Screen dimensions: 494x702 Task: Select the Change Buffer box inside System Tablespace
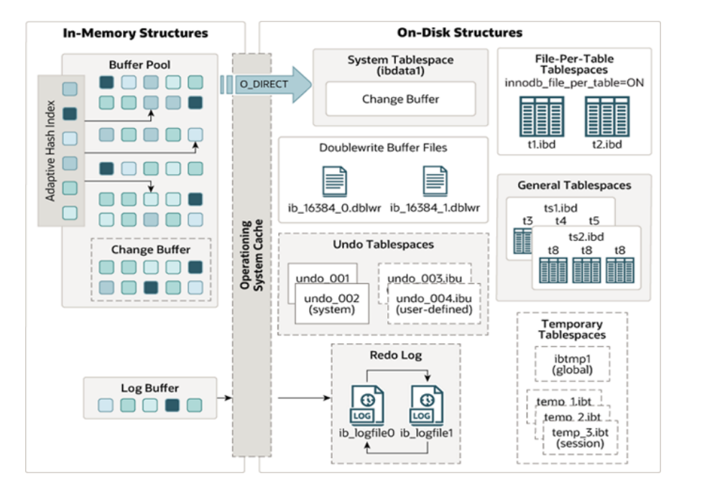pyautogui.click(x=400, y=99)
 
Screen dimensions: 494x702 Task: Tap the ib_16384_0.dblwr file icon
pyautogui.click(x=335, y=181)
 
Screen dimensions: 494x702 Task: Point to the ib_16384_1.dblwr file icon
pyautogui.click(x=435, y=181)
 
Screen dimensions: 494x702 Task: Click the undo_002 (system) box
pyautogui.click(x=331, y=303)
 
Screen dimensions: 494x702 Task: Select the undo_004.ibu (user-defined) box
pyautogui.click(x=433, y=303)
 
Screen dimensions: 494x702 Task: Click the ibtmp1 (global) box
pyautogui.click(x=573, y=364)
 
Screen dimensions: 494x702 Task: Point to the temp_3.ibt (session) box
pyautogui.click(x=581, y=437)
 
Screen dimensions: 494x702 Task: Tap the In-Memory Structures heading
pyautogui.click(x=135, y=33)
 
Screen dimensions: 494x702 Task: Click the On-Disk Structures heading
pyautogui.click(x=460, y=33)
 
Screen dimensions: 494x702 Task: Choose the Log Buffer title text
pyautogui.click(x=149, y=388)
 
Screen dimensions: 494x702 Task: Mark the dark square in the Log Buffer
pyautogui.click(x=172, y=406)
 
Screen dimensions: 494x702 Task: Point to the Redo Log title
pyautogui.click(x=396, y=355)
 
